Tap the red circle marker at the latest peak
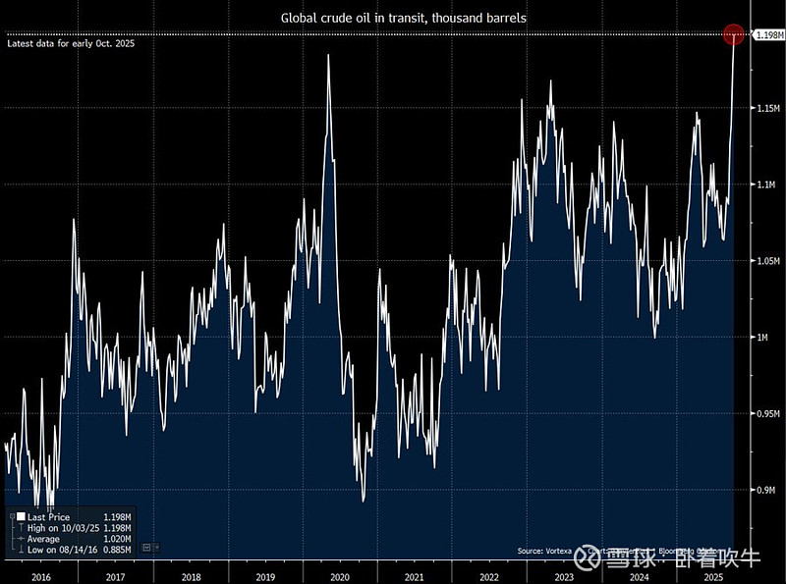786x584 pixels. pos(734,35)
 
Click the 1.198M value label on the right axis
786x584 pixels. pos(767,36)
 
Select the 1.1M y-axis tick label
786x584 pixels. pos(766,185)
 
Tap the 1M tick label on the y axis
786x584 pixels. pos(763,338)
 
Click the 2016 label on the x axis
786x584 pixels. pos(39,576)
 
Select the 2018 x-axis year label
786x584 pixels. pos(191,576)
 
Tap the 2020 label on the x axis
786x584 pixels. pos(340,576)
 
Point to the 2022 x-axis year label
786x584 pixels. pos(489,576)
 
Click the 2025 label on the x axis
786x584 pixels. pos(713,576)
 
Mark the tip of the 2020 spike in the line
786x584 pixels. pos(327,55)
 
